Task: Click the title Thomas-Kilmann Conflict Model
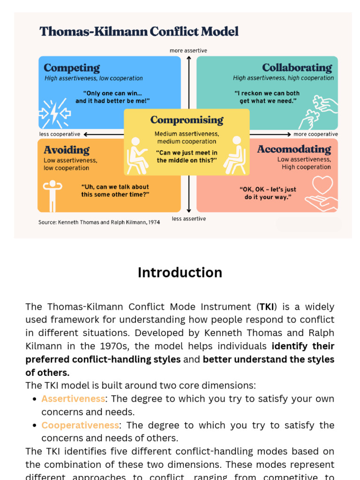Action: pos(139,31)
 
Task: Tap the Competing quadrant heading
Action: pos(72,68)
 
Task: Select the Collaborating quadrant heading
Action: pos(297,67)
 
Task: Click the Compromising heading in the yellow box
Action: pos(187,120)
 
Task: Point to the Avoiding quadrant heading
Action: pos(67,150)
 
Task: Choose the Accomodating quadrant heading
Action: pos(294,149)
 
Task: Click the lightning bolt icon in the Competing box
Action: pos(55,112)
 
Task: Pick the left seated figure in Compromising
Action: pos(137,155)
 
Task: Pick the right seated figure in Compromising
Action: pos(235,155)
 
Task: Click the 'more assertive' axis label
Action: pos(188,51)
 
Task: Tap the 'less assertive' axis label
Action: pos(188,219)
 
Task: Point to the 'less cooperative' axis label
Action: pos(60,134)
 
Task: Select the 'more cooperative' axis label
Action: pos(315,134)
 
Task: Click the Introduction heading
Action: pos(180,272)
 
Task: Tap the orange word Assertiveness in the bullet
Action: pos(73,398)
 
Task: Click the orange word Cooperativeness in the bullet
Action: pos(80,425)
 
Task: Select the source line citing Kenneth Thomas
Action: pos(99,222)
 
